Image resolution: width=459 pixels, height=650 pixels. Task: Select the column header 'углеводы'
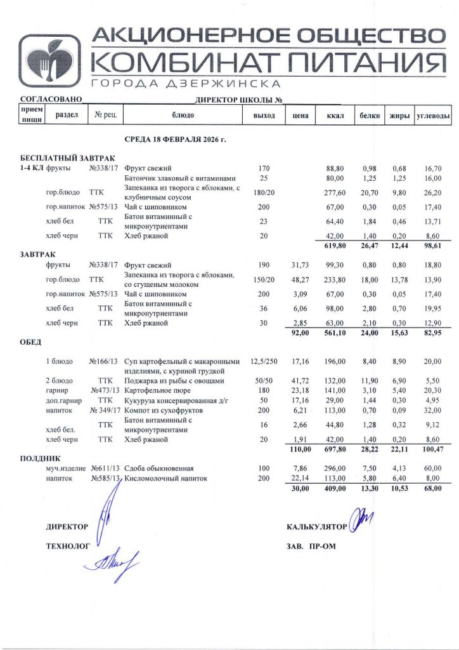[x=433, y=116]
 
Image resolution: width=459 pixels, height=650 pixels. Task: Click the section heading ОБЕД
[x=31, y=343]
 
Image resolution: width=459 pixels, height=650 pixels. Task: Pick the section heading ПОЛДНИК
[x=40, y=457]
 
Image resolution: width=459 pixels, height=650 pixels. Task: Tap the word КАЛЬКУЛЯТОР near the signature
[x=316, y=527]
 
